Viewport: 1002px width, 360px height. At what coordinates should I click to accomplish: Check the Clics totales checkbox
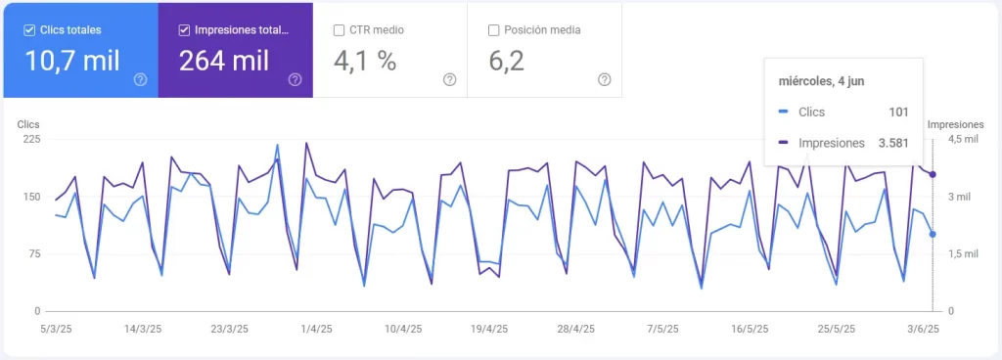[x=29, y=30]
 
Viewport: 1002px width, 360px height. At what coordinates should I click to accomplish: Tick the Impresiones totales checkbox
[x=184, y=30]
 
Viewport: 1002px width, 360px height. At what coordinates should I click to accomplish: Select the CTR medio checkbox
[x=339, y=30]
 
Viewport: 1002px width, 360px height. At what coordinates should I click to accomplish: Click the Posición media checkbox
[x=494, y=30]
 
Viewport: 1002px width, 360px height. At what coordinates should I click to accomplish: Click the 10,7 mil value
[x=73, y=62]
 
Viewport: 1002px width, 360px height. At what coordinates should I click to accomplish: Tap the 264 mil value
[x=224, y=62]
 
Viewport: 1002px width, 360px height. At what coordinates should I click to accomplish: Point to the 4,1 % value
[x=365, y=62]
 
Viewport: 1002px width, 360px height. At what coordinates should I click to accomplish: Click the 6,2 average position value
[x=506, y=62]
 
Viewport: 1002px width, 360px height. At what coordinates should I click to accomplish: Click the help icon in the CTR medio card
[x=450, y=79]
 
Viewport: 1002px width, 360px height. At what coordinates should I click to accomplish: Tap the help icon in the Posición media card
[x=605, y=79]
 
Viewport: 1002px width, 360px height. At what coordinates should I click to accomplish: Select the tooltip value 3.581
[x=891, y=143]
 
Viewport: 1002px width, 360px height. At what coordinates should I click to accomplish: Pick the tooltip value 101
[x=898, y=112]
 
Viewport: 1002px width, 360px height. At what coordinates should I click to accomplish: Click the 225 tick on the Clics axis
[x=31, y=139]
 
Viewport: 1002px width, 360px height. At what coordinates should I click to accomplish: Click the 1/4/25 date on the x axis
[x=315, y=330]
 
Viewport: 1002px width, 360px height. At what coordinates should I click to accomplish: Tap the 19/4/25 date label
[x=489, y=330]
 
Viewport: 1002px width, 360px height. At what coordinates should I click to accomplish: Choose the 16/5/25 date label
[x=751, y=330]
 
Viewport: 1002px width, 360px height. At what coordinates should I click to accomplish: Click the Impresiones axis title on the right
[x=955, y=124]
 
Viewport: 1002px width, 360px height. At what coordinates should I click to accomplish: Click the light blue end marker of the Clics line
[x=933, y=234]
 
